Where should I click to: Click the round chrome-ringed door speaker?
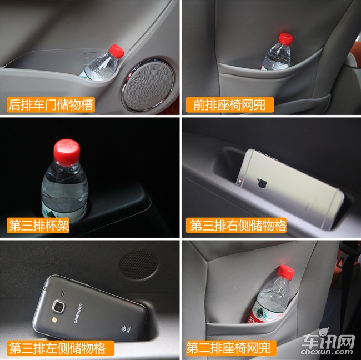(x=148, y=84)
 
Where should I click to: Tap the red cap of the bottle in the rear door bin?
(x=117, y=51)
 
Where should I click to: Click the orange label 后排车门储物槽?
(x=51, y=104)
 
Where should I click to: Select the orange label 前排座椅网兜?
(x=230, y=105)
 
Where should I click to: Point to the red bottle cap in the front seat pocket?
(x=286, y=39)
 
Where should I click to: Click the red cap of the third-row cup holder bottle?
(x=67, y=152)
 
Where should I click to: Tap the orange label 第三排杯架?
(x=38, y=225)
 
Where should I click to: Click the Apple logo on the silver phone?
(x=262, y=182)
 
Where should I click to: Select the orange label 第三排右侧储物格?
(x=236, y=225)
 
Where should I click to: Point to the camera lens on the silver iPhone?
(x=240, y=181)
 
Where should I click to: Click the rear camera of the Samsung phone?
(x=58, y=307)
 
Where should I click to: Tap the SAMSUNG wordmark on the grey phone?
(x=78, y=313)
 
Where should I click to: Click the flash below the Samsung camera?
(x=55, y=319)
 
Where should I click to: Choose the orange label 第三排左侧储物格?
(x=61, y=348)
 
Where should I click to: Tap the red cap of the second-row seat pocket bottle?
(x=286, y=272)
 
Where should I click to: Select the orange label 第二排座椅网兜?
(x=231, y=348)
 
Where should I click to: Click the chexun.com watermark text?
(x=327, y=352)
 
